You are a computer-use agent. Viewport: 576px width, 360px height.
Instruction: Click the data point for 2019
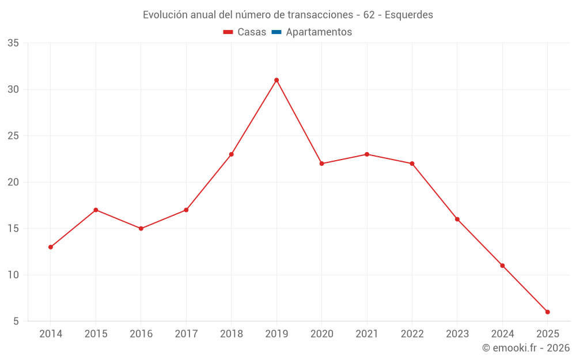[276, 80]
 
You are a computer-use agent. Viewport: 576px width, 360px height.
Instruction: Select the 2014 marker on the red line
[51, 247]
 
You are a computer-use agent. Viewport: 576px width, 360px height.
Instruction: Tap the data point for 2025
[548, 312]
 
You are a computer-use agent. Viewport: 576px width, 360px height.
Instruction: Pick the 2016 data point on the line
[141, 229]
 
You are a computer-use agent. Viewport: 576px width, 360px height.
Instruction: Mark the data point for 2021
[367, 154]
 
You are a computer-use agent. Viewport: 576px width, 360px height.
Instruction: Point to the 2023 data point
[457, 219]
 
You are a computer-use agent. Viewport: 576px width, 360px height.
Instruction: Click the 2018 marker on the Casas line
[232, 154]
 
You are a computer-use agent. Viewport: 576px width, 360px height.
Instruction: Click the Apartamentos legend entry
[319, 32]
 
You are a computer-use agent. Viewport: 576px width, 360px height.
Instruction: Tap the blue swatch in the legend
[276, 32]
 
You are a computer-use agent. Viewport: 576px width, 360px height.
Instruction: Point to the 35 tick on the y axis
[13, 43]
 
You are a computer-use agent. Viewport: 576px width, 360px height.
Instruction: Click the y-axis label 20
[13, 182]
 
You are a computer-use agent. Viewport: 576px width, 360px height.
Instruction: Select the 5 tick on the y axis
[16, 321]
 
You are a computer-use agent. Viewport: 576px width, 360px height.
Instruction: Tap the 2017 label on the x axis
[186, 334]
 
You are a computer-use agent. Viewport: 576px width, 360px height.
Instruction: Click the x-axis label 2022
[412, 334]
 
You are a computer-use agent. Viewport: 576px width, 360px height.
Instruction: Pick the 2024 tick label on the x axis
[502, 334]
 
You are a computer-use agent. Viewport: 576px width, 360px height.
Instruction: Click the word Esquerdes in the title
[408, 15]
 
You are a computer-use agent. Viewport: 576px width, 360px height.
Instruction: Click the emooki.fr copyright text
[526, 348]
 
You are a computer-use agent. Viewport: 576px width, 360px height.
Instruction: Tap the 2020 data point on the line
[322, 164]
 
